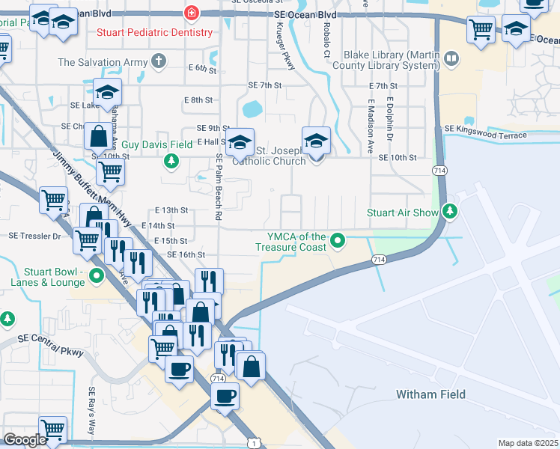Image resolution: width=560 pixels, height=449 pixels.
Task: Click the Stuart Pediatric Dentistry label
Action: point(154,32)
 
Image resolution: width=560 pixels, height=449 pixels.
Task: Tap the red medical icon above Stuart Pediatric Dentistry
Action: point(192,13)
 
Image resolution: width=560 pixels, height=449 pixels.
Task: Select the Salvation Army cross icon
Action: point(158,61)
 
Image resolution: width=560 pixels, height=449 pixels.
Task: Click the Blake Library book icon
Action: point(451,58)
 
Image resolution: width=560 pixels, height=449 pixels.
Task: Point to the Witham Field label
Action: point(430,394)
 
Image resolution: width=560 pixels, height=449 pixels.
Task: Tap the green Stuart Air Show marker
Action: point(449,212)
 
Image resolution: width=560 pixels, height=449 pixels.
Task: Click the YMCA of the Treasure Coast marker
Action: point(338,241)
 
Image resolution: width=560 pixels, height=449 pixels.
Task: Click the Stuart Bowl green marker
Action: point(95,275)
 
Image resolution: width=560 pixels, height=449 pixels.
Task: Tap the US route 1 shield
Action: point(255,444)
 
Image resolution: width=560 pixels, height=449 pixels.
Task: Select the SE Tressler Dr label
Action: point(34,235)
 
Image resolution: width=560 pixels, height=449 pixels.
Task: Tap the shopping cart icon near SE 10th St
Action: point(110,171)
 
